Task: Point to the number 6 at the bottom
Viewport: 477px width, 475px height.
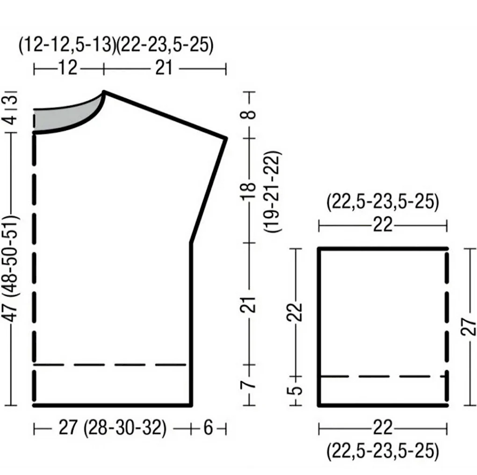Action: point(208,428)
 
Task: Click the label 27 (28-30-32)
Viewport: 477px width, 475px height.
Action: point(113,428)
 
